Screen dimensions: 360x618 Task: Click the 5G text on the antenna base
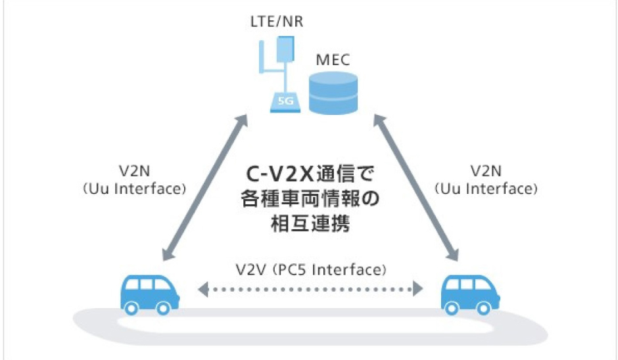tap(285, 102)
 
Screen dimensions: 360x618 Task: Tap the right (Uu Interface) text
tap(487, 189)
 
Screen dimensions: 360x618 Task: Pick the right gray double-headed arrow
tap(416, 188)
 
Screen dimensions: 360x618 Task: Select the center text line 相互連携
tap(310, 224)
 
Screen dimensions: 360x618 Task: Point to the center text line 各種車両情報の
tap(310, 200)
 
